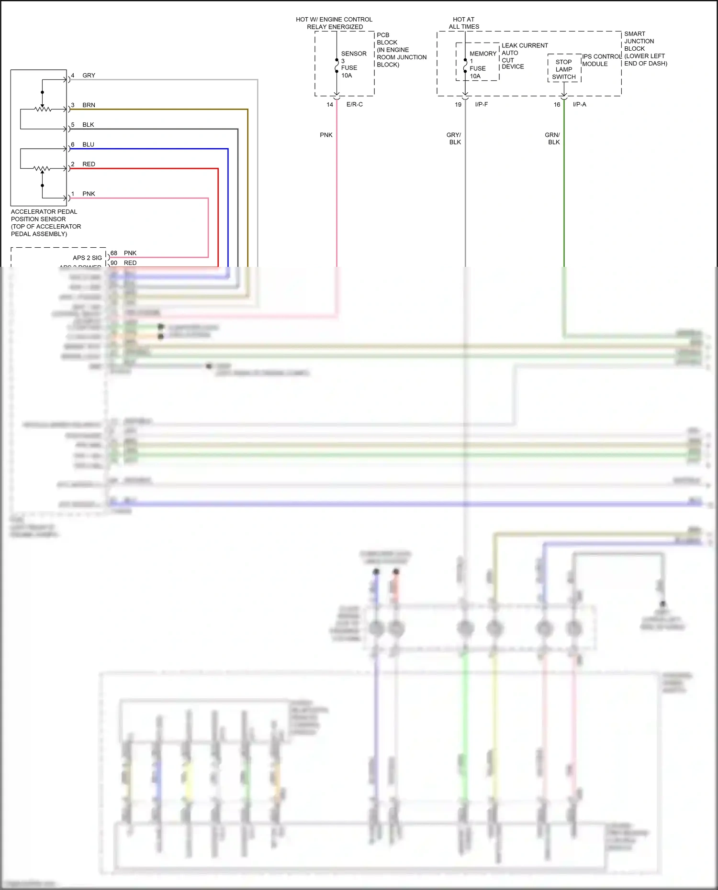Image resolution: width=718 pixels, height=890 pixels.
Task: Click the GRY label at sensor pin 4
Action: (89, 76)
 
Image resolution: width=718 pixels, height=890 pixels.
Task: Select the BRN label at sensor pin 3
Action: (89, 105)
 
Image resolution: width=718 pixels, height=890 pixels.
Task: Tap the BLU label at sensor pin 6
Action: (88, 144)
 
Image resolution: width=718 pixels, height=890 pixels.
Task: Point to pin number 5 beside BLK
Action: (73, 125)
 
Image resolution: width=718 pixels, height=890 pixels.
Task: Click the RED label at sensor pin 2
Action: (89, 164)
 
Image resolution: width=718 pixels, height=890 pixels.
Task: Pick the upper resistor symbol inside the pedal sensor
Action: (43, 110)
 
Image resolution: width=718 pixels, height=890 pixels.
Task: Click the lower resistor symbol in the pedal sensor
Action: (42, 168)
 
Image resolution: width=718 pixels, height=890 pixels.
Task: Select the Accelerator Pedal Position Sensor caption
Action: (45, 223)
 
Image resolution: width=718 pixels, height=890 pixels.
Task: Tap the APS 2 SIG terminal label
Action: (87, 258)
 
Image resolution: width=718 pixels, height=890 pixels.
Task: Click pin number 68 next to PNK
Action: (114, 253)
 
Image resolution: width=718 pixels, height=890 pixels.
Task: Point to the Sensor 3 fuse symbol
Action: (337, 66)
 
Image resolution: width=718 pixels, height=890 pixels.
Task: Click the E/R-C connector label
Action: (355, 104)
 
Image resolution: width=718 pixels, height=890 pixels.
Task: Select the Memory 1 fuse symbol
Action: (465, 66)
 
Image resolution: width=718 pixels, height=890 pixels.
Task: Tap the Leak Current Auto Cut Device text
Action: (524, 56)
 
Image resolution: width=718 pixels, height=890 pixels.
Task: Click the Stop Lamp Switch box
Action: (564, 69)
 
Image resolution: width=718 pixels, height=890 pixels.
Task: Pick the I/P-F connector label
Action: (482, 104)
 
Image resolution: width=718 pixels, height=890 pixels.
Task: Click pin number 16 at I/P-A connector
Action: (557, 104)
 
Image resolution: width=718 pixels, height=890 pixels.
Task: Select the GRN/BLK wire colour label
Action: (553, 139)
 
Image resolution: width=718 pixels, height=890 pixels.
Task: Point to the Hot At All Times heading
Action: (464, 23)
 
